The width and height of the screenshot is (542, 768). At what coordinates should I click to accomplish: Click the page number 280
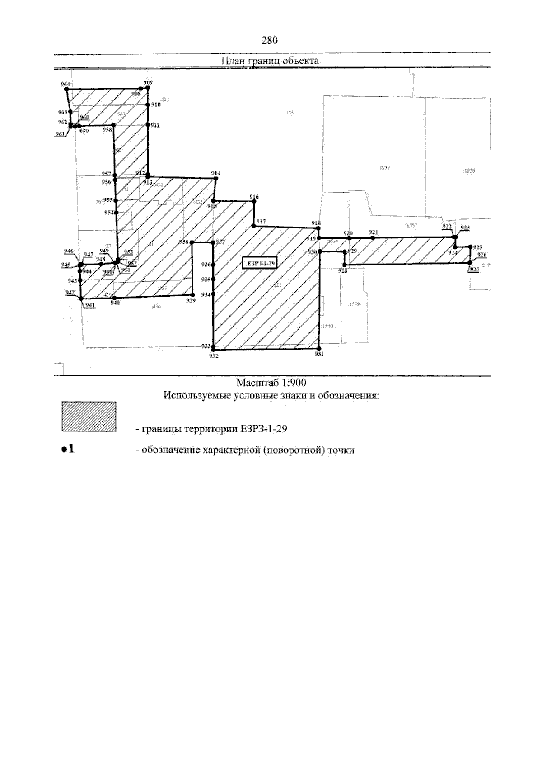269,40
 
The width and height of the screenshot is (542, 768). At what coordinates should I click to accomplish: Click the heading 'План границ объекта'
270,61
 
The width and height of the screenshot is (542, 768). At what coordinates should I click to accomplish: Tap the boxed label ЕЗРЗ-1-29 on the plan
259,263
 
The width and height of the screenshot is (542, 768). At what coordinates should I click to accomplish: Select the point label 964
65,84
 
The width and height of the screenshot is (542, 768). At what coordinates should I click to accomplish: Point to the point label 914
216,173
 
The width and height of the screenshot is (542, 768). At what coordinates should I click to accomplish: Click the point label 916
254,197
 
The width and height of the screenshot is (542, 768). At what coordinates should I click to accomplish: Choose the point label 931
319,354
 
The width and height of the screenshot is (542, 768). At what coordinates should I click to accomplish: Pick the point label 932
214,356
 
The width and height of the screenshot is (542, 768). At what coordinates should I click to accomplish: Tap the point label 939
191,300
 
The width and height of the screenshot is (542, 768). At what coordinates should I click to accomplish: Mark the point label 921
373,232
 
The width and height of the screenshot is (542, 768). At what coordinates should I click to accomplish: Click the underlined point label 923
465,228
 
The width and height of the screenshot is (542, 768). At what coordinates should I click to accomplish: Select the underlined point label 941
90,304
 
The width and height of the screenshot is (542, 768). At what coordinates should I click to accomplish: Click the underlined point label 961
60,134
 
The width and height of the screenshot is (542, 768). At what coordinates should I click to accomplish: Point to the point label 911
155,125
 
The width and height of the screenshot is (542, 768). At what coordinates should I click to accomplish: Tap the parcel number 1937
383,167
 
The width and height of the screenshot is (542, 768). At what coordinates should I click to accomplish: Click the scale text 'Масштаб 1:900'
271,383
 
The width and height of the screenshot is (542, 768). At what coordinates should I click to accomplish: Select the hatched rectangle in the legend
89,417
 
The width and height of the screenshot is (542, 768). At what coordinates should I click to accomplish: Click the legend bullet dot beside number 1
64,450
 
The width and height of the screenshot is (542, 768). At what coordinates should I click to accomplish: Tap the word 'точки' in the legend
341,450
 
